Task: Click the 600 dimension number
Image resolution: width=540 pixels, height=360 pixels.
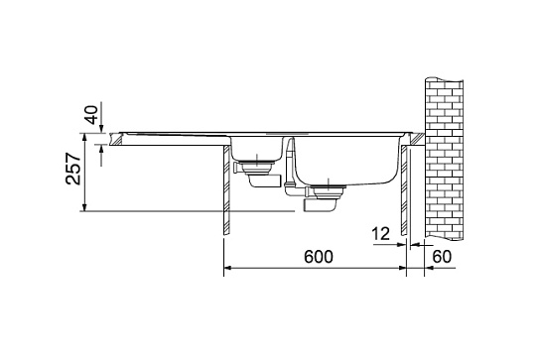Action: click(319, 257)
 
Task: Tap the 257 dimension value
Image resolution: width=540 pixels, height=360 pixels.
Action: click(73, 169)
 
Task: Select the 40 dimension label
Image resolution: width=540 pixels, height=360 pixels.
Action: click(91, 115)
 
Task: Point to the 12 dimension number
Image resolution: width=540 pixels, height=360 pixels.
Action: click(380, 234)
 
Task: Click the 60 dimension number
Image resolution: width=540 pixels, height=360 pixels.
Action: click(442, 257)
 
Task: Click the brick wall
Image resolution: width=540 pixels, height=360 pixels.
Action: click(445, 159)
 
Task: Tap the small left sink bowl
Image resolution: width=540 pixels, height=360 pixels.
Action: click(257, 149)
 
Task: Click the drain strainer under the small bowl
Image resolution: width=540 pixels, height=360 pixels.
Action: click(256, 167)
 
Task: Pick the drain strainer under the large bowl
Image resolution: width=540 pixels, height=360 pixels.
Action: click(329, 192)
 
